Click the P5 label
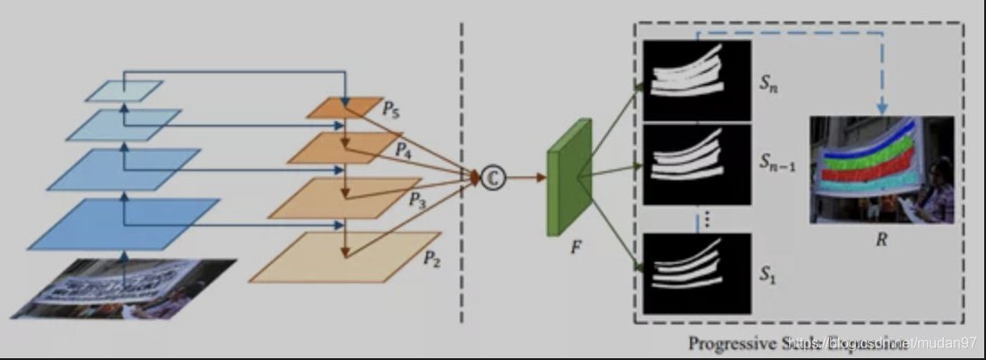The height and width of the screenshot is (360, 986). pos(390,111)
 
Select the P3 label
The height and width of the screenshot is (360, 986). pos(417,202)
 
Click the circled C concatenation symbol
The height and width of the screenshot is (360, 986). pos(492,178)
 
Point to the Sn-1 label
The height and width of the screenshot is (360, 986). pos(778,161)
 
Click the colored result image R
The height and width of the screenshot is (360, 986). pos(881,169)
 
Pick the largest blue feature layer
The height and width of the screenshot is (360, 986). pos(124,223)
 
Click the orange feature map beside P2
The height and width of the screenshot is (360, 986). pos(345,258)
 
